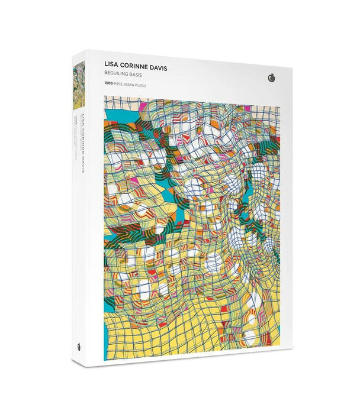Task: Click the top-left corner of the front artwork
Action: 105,96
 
